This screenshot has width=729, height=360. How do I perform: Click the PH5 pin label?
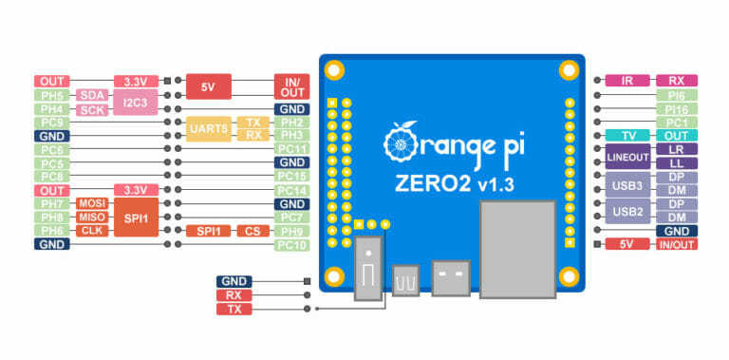click(50, 95)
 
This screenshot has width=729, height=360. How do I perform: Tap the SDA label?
click(92, 95)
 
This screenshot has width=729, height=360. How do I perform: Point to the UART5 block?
click(207, 129)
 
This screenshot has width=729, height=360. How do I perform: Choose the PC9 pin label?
click(50, 123)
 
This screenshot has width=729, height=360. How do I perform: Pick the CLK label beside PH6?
click(92, 231)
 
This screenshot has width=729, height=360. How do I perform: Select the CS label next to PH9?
click(252, 231)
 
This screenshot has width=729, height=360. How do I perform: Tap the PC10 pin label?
click(291, 245)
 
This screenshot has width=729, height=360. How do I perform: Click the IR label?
click(627, 82)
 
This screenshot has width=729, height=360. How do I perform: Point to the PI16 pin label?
click(677, 109)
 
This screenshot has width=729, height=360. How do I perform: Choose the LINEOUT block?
click(627, 157)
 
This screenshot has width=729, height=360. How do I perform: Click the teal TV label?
click(627, 136)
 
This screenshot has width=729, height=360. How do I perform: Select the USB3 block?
click(627, 184)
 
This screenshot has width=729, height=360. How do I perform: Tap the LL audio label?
click(677, 163)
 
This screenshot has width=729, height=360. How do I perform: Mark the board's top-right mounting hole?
click(568, 69)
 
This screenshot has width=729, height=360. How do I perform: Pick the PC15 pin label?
click(291, 177)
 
